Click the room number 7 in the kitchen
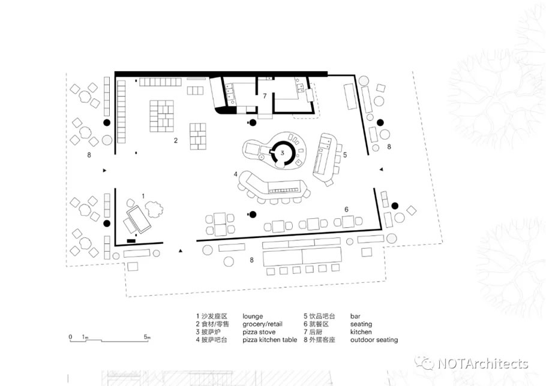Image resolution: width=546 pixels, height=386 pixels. (265, 96)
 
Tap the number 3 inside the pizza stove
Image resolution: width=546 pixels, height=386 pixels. (283, 152)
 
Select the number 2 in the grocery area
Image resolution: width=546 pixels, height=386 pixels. (176, 140)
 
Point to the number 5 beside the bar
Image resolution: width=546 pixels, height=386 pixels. (345, 155)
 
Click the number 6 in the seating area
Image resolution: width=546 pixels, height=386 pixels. (346, 209)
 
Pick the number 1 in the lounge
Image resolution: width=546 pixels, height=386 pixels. (143, 197)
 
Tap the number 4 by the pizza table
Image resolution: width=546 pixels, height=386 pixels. (236, 174)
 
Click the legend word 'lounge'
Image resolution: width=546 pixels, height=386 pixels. (253, 316)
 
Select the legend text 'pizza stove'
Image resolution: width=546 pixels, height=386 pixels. (259, 332)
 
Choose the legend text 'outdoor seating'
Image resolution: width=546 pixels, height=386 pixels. (374, 340)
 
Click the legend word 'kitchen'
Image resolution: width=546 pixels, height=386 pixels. (361, 332)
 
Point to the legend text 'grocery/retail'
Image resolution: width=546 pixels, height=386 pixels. (263, 324)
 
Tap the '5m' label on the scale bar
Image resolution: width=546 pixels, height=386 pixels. (147, 337)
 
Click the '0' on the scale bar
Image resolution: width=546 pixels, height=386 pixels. (70, 337)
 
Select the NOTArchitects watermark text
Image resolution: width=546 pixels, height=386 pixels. (483, 364)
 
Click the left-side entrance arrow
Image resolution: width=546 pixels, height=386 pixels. (104, 170)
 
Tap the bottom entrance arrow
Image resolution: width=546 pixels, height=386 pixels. (181, 251)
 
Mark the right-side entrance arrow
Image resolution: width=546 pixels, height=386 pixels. (381, 170)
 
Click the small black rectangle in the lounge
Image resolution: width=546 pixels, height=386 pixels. (131, 240)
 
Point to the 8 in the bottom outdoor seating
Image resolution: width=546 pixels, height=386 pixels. (251, 260)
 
